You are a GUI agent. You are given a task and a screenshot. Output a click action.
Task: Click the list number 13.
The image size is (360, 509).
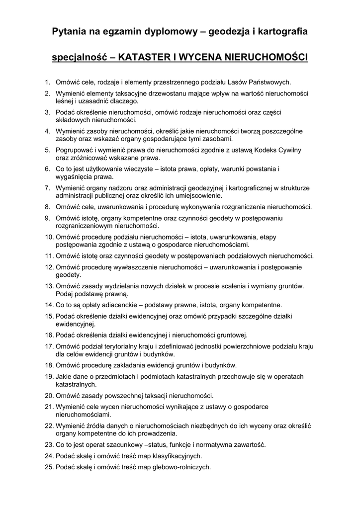point(49,286)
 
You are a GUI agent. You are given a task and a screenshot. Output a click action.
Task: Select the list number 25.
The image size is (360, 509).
point(49,467)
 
